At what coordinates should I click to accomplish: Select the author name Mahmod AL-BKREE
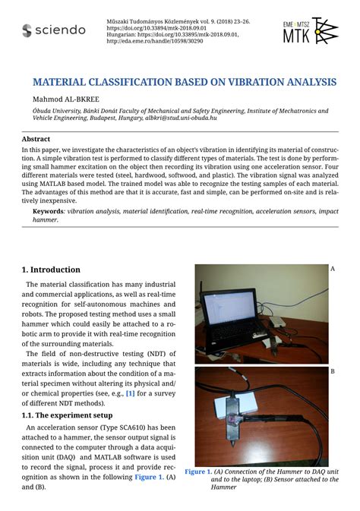coord(65,99)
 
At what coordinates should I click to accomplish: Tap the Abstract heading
coord(36,140)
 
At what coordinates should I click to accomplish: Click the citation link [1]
coord(131,393)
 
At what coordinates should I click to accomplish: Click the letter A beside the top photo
coord(332,269)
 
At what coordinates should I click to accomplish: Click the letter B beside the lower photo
coord(332,371)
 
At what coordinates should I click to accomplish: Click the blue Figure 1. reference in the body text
coord(148,476)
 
